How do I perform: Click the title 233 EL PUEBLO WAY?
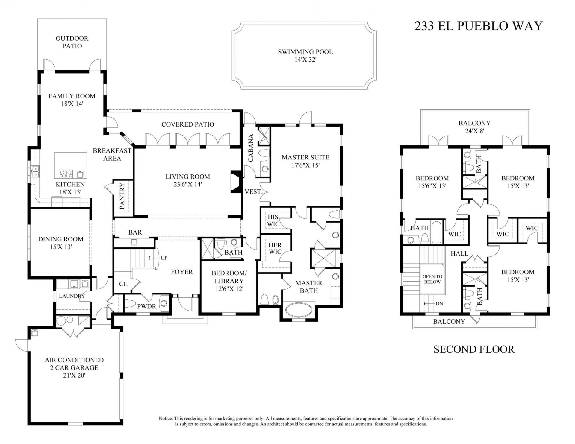point(478,26)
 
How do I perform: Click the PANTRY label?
point(122,196)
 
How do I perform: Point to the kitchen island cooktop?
point(66,174)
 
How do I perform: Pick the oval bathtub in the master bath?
point(298,310)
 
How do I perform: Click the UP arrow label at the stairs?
point(164,258)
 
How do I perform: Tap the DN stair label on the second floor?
point(439,303)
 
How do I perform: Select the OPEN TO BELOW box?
point(432,279)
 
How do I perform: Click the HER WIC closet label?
point(275,248)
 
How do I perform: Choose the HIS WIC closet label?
point(273,220)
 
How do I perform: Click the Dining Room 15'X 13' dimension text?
point(61,247)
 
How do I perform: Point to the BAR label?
point(135,232)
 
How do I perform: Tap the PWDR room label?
point(147,306)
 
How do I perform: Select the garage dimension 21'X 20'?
point(74,375)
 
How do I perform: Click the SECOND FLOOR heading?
point(474,349)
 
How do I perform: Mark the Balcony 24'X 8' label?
point(474,127)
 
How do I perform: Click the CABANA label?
point(250,148)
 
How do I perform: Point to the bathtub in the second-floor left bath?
point(436,232)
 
